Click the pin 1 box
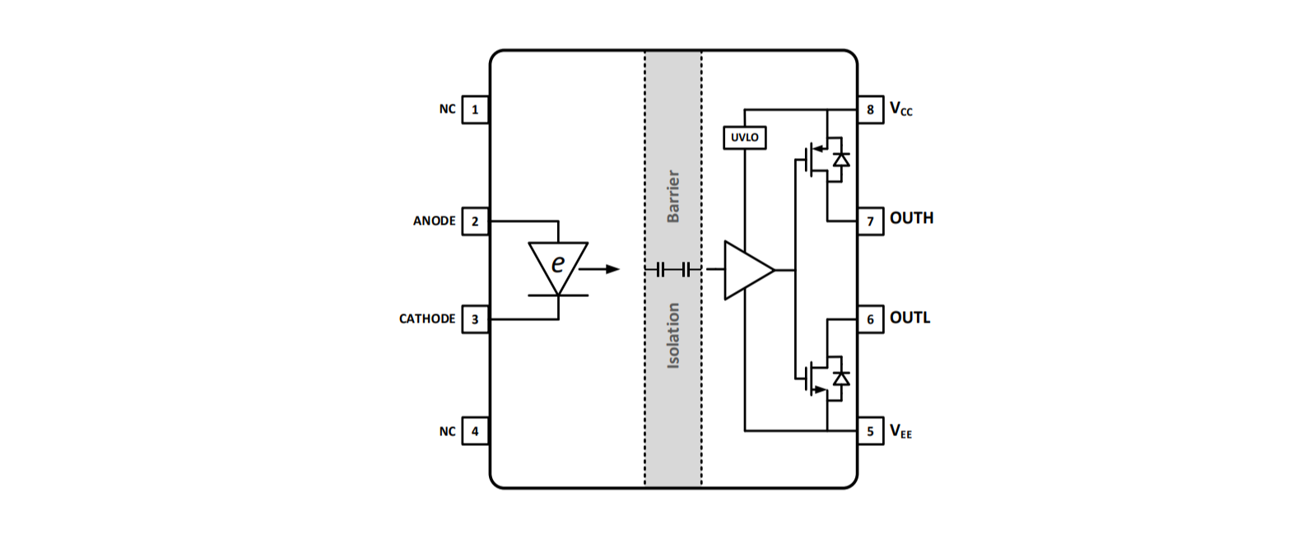point(475,109)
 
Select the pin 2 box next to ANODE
point(475,221)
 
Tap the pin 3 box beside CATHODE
point(475,319)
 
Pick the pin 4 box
point(475,431)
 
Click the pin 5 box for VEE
point(871,431)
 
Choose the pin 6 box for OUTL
point(871,319)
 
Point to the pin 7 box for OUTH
point(871,221)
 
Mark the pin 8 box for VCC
point(871,109)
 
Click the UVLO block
point(744,137)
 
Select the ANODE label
point(434,221)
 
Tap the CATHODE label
point(427,319)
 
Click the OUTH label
point(911,218)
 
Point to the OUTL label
point(910,318)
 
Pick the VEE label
point(900,431)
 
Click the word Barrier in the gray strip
point(673,196)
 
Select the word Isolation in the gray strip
point(673,335)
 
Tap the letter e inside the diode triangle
point(558,263)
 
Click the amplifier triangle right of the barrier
point(746,270)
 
